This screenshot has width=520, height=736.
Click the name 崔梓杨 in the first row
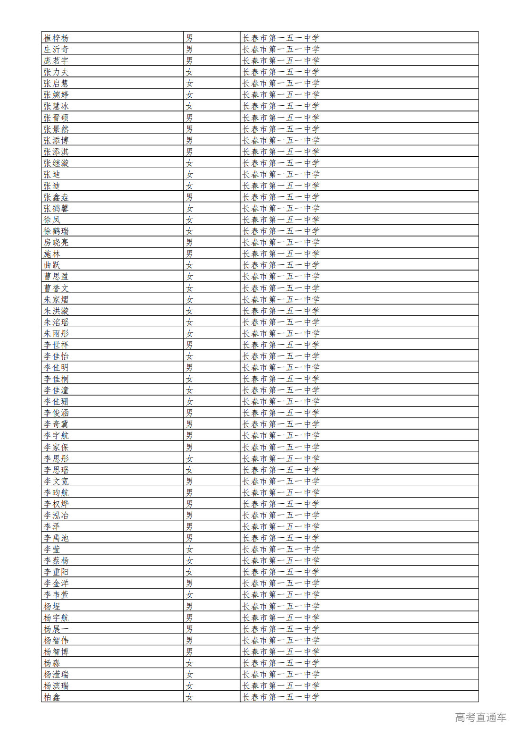click(x=56, y=38)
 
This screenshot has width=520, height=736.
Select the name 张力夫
click(x=56, y=72)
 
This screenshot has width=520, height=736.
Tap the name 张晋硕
click(x=56, y=118)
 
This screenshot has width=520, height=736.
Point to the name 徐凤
click(x=52, y=220)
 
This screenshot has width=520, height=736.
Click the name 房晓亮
click(x=56, y=242)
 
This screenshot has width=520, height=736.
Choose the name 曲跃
click(x=52, y=265)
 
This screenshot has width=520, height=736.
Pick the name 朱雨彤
click(x=56, y=333)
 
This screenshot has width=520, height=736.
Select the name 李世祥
click(x=56, y=345)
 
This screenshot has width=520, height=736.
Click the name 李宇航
click(x=56, y=435)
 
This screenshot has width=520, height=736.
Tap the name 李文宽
click(x=56, y=481)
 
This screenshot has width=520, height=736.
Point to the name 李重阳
click(x=56, y=572)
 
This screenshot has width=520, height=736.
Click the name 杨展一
click(x=56, y=629)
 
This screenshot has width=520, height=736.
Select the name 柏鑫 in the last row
click(x=52, y=697)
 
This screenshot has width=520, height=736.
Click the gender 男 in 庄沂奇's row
click(x=189, y=49)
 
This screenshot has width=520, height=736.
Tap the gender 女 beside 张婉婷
click(x=189, y=94)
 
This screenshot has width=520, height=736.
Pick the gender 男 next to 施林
click(x=189, y=254)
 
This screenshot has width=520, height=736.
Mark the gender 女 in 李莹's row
click(x=189, y=549)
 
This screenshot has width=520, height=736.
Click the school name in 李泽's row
click(x=281, y=526)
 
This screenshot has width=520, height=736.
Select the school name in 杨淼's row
click(x=281, y=663)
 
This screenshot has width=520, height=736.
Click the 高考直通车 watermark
click(x=480, y=717)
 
